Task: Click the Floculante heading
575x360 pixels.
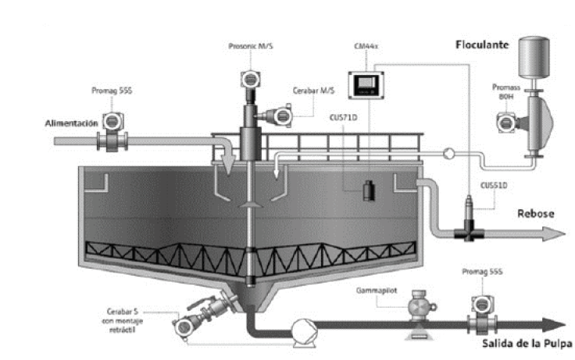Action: tap(482, 45)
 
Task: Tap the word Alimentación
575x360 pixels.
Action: tap(70, 123)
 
